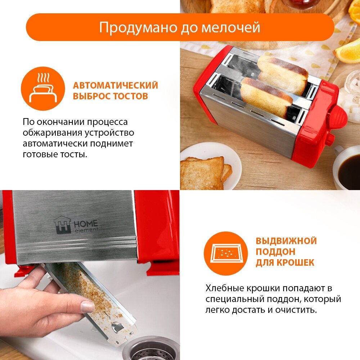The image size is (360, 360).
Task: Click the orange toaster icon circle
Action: pyautogui.click(x=43, y=89)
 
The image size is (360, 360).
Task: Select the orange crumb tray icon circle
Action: pyautogui.click(x=226, y=253)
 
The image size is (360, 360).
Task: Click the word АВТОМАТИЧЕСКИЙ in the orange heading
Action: pyautogui.click(x=116, y=85)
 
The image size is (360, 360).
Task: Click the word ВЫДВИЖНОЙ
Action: pyautogui.click(x=286, y=241)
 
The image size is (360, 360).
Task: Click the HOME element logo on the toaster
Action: pyautogui.click(x=76, y=225)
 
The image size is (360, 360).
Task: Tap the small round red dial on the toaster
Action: pyautogui.click(x=330, y=140)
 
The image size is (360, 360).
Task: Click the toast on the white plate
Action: pyautogui.click(x=206, y=173)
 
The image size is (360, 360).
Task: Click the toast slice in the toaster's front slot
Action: pyautogui.click(x=266, y=98)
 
